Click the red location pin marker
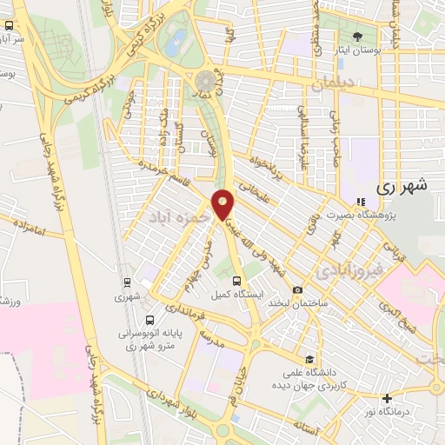tap(223, 204)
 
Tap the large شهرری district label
tap(404, 185)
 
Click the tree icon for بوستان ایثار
tap(358, 36)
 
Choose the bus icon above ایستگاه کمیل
tap(237, 280)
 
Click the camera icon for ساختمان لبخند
tap(298, 289)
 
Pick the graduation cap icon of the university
tap(309, 358)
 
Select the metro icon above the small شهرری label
tap(128, 282)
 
